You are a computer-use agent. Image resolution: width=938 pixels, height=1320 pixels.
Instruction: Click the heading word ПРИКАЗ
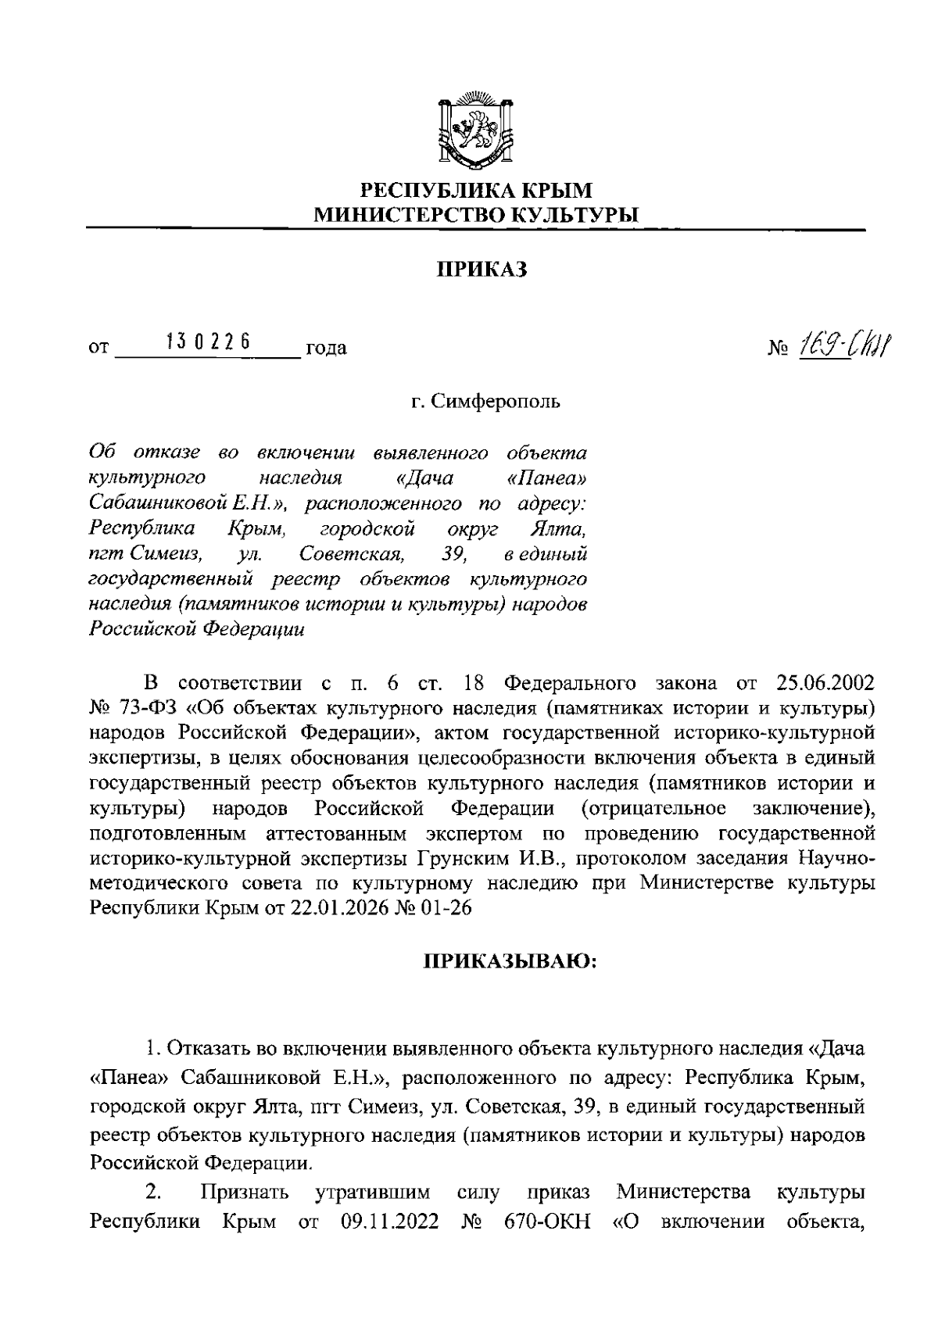click(482, 270)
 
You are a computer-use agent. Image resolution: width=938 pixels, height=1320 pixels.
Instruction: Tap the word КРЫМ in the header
click(556, 190)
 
